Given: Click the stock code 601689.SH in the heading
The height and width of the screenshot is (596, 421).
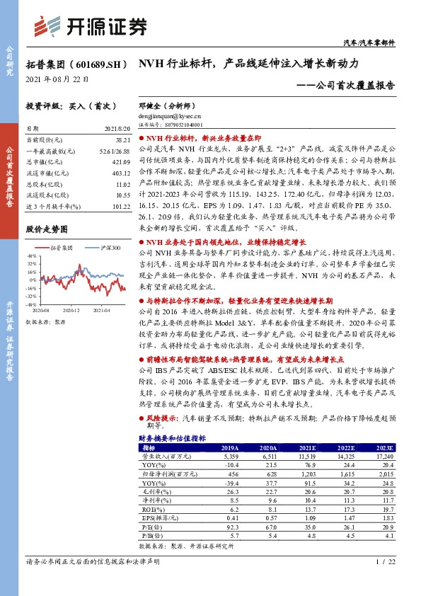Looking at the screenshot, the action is point(98,64).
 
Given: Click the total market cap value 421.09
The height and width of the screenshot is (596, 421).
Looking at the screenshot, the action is point(121,162).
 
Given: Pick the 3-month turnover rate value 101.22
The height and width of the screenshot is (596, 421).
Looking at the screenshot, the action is point(121,207).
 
